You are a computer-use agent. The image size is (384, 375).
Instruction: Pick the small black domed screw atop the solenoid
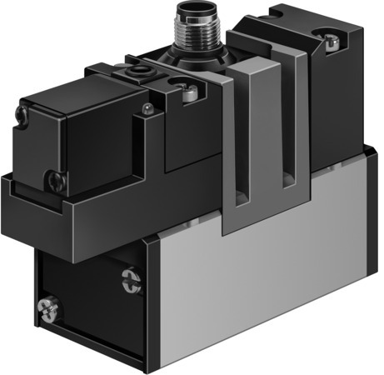coord(147,107)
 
